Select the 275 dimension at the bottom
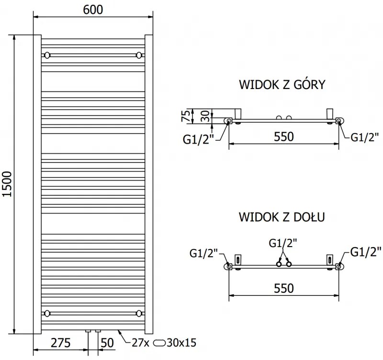pyautogui.click(x=61, y=343)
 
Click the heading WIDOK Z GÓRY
pyautogui.click(x=282, y=85)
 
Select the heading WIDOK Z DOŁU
pyautogui.click(x=282, y=217)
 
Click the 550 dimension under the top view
pyautogui.click(x=283, y=136)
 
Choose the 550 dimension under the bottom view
pyautogui.click(x=283, y=288)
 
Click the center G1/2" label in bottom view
pyautogui.click(x=282, y=243)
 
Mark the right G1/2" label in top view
pyautogui.click(x=365, y=137)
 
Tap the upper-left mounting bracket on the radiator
pyautogui.click(x=47, y=55)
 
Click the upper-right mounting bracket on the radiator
pyautogui.click(x=139, y=55)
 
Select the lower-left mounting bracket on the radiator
pyautogui.click(x=47, y=314)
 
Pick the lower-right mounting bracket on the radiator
pyautogui.click(x=139, y=314)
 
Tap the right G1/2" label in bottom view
pyautogui.click(x=366, y=251)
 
